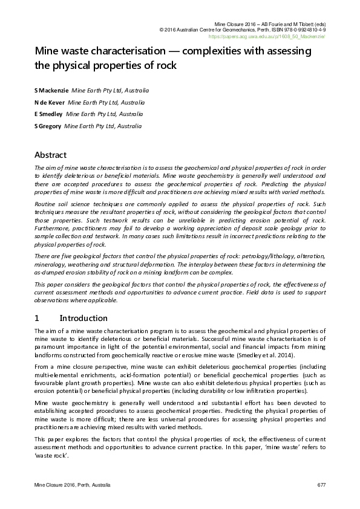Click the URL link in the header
point(274,37)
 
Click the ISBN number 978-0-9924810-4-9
point(298,29)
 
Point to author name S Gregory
point(48,126)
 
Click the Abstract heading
point(50,155)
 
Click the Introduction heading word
point(85,318)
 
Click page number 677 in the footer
point(321,486)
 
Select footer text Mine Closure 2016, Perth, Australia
point(72,486)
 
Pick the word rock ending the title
point(165,65)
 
